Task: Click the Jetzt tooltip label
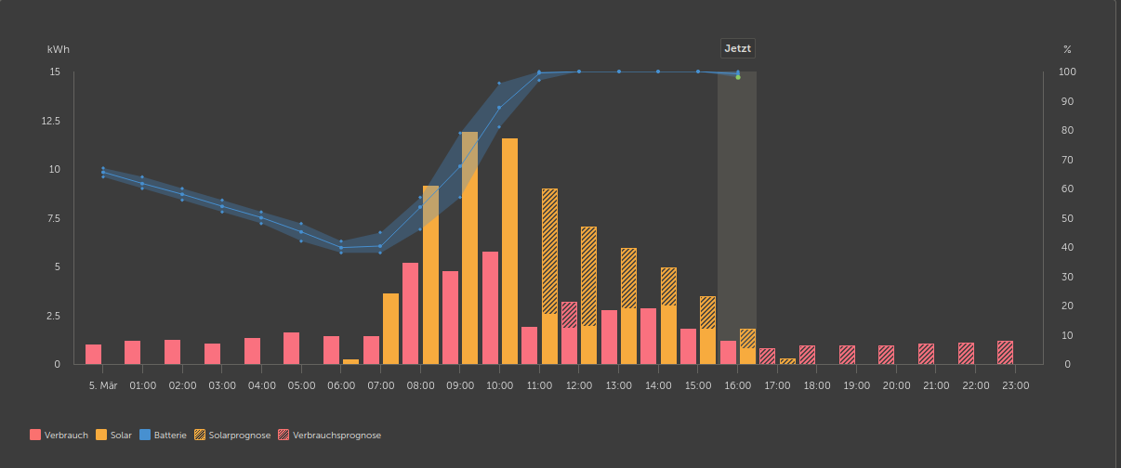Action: tap(738, 49)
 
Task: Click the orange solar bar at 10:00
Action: tap(509, 251)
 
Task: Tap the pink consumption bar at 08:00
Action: tap(410, 313)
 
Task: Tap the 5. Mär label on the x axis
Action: tap(102, 383)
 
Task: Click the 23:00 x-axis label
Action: tap(1015, 383)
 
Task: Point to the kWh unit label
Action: tap(59, 48)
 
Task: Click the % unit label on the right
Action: tap(1067, 48)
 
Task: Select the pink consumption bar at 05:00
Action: tap(291, 348)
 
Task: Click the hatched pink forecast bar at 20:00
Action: tap(886, 355)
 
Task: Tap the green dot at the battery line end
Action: tap(738, 77)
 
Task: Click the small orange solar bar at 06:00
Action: tap(350, 361)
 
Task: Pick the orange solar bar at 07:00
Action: tap(390, 329)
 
